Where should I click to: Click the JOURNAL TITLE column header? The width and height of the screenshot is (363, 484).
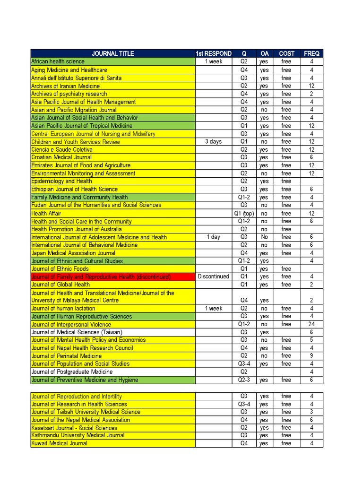[x=113, y=53]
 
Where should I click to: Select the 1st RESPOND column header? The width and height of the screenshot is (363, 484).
[x=214, y=53]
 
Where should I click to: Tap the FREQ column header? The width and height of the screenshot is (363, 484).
[x=311, y=53]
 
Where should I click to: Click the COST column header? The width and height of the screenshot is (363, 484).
[x=286, y=53]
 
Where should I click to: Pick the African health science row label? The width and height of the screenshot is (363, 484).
[x=58, y=61]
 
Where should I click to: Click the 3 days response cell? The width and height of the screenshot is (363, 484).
[x=214, y=141]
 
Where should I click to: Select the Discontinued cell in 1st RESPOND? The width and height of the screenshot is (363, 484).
[x=214, y=277]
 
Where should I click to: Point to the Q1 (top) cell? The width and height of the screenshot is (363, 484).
[x=244, y=213]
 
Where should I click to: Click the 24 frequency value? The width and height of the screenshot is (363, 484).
[x=311, y=324]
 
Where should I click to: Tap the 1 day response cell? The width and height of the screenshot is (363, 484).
[x=214, y=237]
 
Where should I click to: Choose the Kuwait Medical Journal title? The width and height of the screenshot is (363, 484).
[x=59, y=443]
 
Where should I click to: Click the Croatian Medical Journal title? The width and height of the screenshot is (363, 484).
[x=61, y=157]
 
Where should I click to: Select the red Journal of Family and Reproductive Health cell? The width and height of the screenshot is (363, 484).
[x=101, y=277]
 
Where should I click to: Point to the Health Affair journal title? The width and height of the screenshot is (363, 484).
[x=46, y=213]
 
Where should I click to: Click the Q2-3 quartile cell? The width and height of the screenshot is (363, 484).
[x=244, y=380]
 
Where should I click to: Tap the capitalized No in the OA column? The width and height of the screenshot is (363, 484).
[x=264, y=237]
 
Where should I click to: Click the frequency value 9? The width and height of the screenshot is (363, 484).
[x=311, y=356]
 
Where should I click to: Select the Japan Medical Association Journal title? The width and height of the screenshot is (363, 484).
[x=73, y=253]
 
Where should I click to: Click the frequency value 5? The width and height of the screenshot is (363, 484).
[x=311, y=340]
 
